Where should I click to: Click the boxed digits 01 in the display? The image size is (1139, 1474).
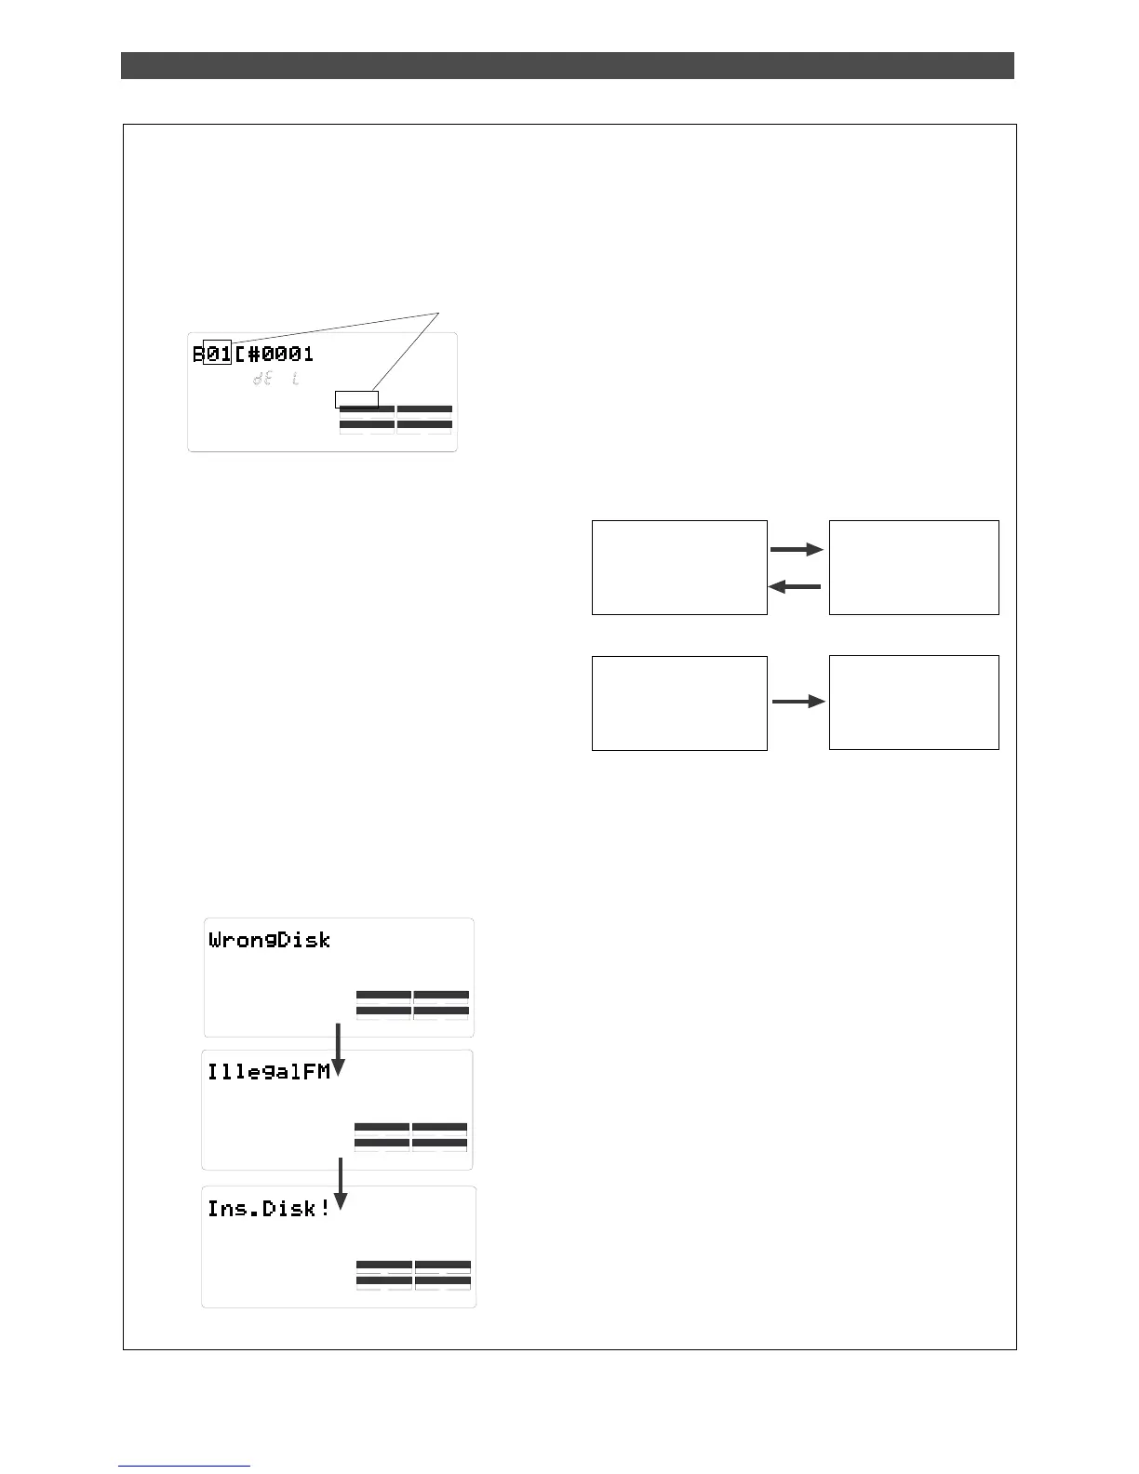(x=217, y=354)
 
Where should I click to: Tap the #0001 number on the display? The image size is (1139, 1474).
(x=280, y=355)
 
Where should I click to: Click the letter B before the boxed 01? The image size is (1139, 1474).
(x=197, y=355)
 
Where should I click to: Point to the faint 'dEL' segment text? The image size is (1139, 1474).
(x=275, y=380)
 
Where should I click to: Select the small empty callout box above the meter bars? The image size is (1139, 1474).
(x=356, y=399)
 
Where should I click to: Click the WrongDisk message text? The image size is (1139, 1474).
(x=270, y=940)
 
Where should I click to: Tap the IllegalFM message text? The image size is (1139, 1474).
(x=269, y=1072)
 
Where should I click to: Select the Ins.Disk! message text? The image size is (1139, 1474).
(x=268, y=1209)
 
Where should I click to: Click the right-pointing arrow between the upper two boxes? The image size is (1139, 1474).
(x=797, y=549)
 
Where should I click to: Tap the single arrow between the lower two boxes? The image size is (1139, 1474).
(x=798, y=702)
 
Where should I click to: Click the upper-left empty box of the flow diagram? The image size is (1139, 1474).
(x=679, y=568)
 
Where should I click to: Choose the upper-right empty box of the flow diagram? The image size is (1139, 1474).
(x=914, y=568)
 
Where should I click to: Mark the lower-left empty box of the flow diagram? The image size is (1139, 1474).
(x=679, y=703)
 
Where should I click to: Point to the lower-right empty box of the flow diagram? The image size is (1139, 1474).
(x=914, y=703)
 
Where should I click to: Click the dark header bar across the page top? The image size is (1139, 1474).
(x=567, y=66)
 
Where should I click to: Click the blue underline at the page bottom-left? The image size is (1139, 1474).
(x=184, y=1466)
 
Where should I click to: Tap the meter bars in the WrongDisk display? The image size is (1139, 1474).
(x=412, y=1005)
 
